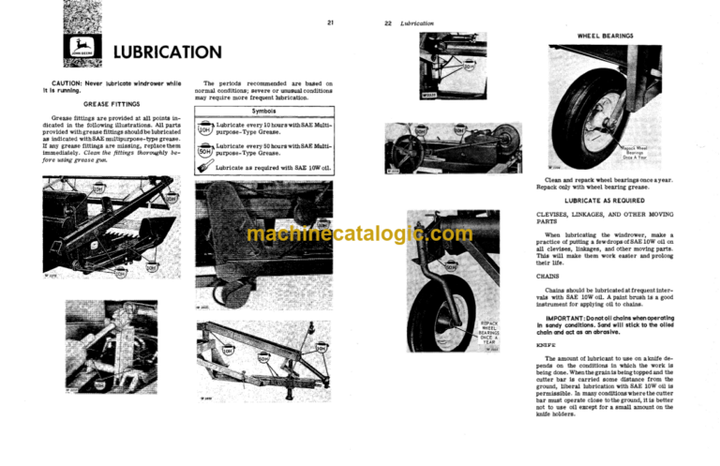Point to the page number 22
click(386, 22)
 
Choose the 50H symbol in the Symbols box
click(203, 148)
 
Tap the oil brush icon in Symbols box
click(203, 167)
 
